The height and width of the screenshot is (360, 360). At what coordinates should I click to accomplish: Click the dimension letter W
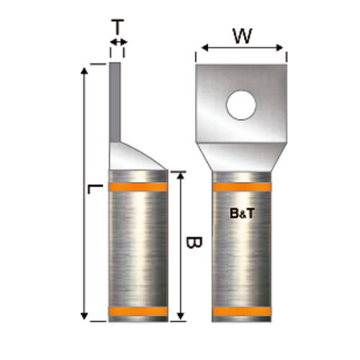(242, 34)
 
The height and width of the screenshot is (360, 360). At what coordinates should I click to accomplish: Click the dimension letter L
(92, 189)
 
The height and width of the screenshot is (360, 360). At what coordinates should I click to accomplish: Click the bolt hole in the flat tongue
(241, 105)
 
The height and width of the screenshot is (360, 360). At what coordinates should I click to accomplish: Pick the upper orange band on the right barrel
(242, 188)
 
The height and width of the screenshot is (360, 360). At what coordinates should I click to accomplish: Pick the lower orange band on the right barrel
(242, 312)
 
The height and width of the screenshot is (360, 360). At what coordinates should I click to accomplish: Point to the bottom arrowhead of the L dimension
(85, 316)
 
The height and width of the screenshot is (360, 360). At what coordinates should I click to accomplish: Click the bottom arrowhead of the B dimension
(180, 316)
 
